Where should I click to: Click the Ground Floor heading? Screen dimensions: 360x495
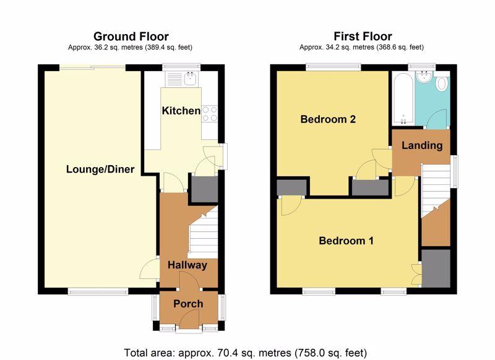point(131,36)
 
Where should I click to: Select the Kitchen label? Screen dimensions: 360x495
point(181,111)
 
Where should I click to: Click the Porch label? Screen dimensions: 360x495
point(188,304)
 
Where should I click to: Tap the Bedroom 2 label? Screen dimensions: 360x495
point(328,119)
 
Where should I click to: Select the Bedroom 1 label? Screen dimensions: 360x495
point(346,241)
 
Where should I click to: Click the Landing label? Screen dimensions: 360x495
point(422,146)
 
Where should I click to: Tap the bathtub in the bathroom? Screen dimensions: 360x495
point(402,96)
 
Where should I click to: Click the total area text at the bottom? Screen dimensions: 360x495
point(246,353)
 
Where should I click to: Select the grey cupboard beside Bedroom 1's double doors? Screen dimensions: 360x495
point(435,268)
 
